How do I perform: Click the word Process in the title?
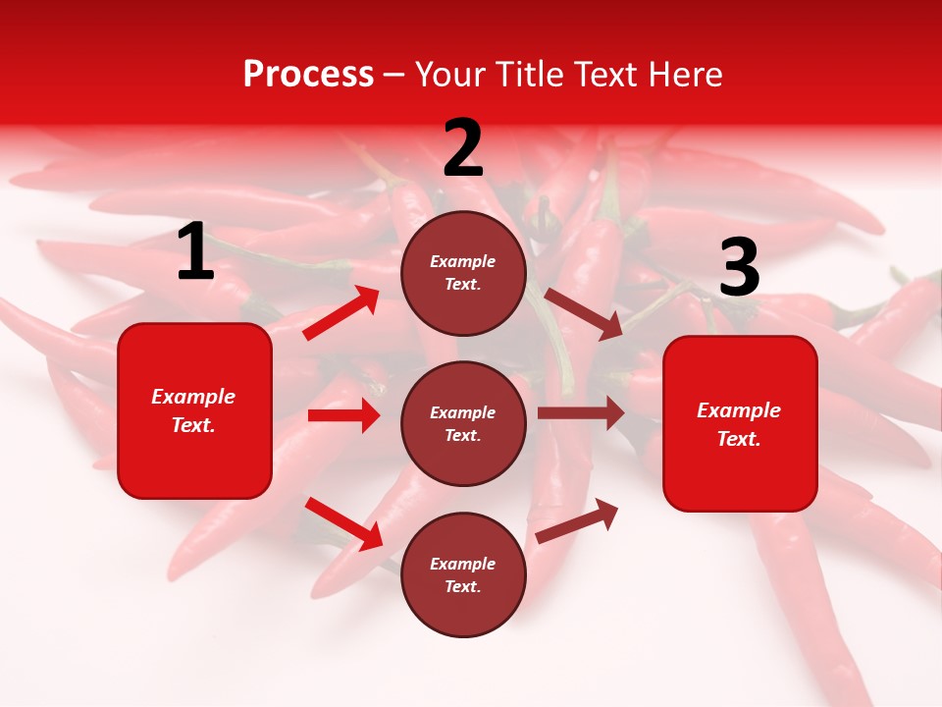pyautogui.click(x=308, y=74)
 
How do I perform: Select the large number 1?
pyautogui.click(x=195, y=252)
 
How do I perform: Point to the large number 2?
pyautogui.click(x=463, y=148)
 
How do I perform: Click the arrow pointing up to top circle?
pyautogui.click(x=341, y=313)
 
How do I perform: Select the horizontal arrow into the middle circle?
pyautogui.click(x=343, y=415)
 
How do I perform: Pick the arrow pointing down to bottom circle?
pyautogui.click(x=344, y=523)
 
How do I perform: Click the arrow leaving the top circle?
pyautogui.click(x=583, y=313)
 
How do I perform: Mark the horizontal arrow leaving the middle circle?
pyautogui.click(x=580, y=413)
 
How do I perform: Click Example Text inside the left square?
pyautogui.click(x=194, y=410)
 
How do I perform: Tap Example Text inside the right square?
pyautogui.click(x=740, y=424)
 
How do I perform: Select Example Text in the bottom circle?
pyautogui.click(x=463, y=575)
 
